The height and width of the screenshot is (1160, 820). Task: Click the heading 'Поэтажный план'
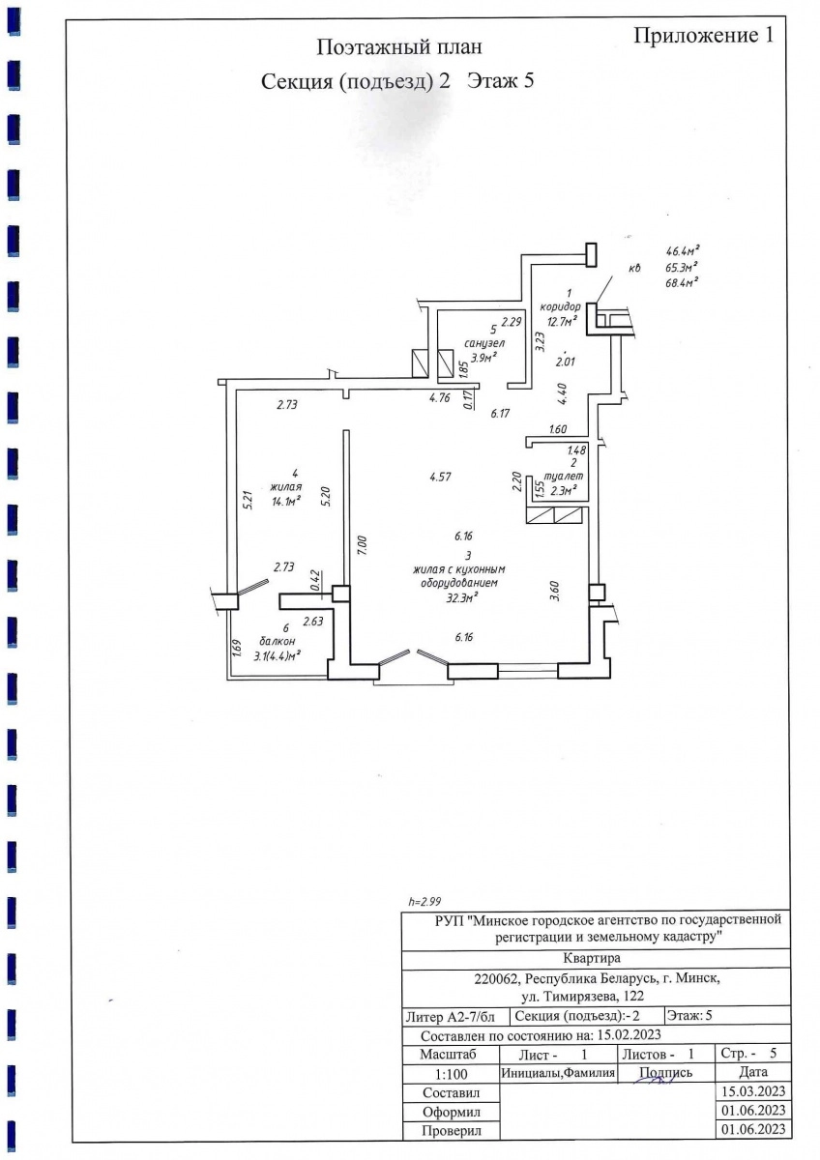[398, 47]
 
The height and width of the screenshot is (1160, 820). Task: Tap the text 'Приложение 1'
[703, 35]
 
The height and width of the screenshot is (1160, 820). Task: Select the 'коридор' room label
[560, 306]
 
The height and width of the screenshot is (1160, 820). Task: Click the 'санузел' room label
[484, 343]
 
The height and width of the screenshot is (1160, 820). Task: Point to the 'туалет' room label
[564, 476]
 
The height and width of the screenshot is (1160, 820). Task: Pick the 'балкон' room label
[278, 641]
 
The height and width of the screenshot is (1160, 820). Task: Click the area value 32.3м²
[461, 598]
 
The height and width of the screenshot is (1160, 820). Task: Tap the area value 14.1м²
[286, 501]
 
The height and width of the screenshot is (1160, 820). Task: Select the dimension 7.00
[362, 545]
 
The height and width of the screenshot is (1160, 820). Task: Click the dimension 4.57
[440, 477]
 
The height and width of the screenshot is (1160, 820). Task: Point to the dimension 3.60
[554, 591]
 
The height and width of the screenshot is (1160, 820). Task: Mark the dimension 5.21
[249, 501]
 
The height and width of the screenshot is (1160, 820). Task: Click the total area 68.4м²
[683, 282]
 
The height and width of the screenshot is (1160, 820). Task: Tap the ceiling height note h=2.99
[425, 902]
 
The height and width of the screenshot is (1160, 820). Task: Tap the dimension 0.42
[315, 582]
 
